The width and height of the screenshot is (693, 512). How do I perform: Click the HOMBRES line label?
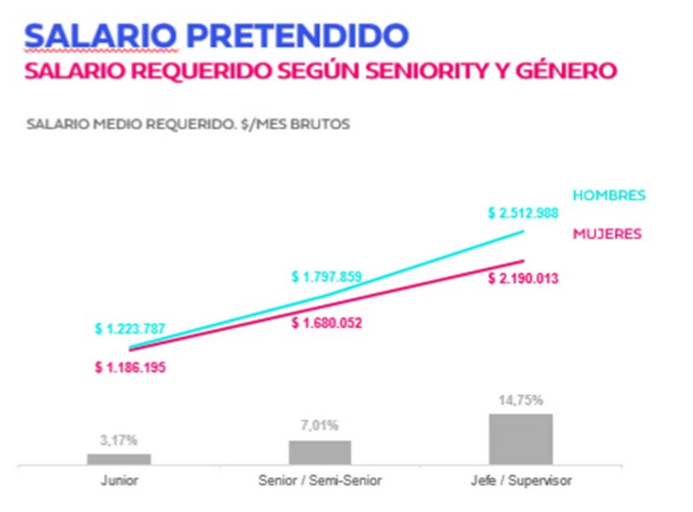(x=609, y=196)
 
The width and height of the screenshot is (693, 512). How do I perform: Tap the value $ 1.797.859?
(x=326, y=276)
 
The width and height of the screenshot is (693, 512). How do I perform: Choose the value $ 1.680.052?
(x=327, y=323)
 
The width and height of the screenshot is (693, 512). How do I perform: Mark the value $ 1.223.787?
(x=131, y=329)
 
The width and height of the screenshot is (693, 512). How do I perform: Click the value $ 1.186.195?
(x=131, y=366)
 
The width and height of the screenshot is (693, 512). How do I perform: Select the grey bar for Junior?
(x=119, y=459)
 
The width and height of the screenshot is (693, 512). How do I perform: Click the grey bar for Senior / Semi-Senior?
(x=320, y=452)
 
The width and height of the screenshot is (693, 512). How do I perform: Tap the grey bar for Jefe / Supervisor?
(x=521, y=438)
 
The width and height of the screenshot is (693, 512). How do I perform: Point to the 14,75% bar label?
(x=521, y=401)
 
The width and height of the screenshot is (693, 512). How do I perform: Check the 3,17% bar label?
(x=119, y=440)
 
